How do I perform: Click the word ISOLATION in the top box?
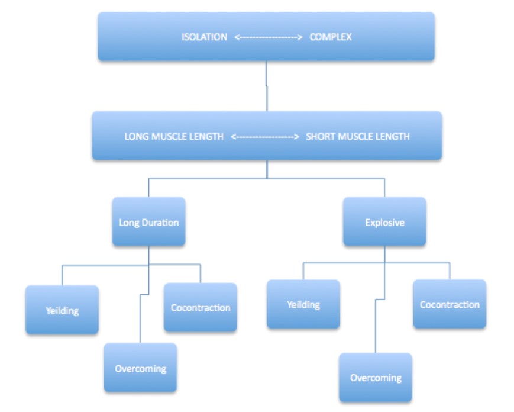204,37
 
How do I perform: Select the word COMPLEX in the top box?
330,37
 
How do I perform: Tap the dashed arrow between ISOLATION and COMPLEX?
269,37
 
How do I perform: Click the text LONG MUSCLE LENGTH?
174,136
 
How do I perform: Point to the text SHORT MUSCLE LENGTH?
357,136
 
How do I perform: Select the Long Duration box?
148,222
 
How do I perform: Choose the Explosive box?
384,222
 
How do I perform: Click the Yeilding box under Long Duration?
62,310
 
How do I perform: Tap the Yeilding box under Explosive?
303,304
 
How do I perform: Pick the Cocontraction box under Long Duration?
200,307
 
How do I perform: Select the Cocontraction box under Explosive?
450,304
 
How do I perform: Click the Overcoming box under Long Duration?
140,368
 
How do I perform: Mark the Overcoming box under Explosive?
376,377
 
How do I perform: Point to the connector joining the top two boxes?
266,86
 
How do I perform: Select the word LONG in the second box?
135,136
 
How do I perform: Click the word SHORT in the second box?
319,136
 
